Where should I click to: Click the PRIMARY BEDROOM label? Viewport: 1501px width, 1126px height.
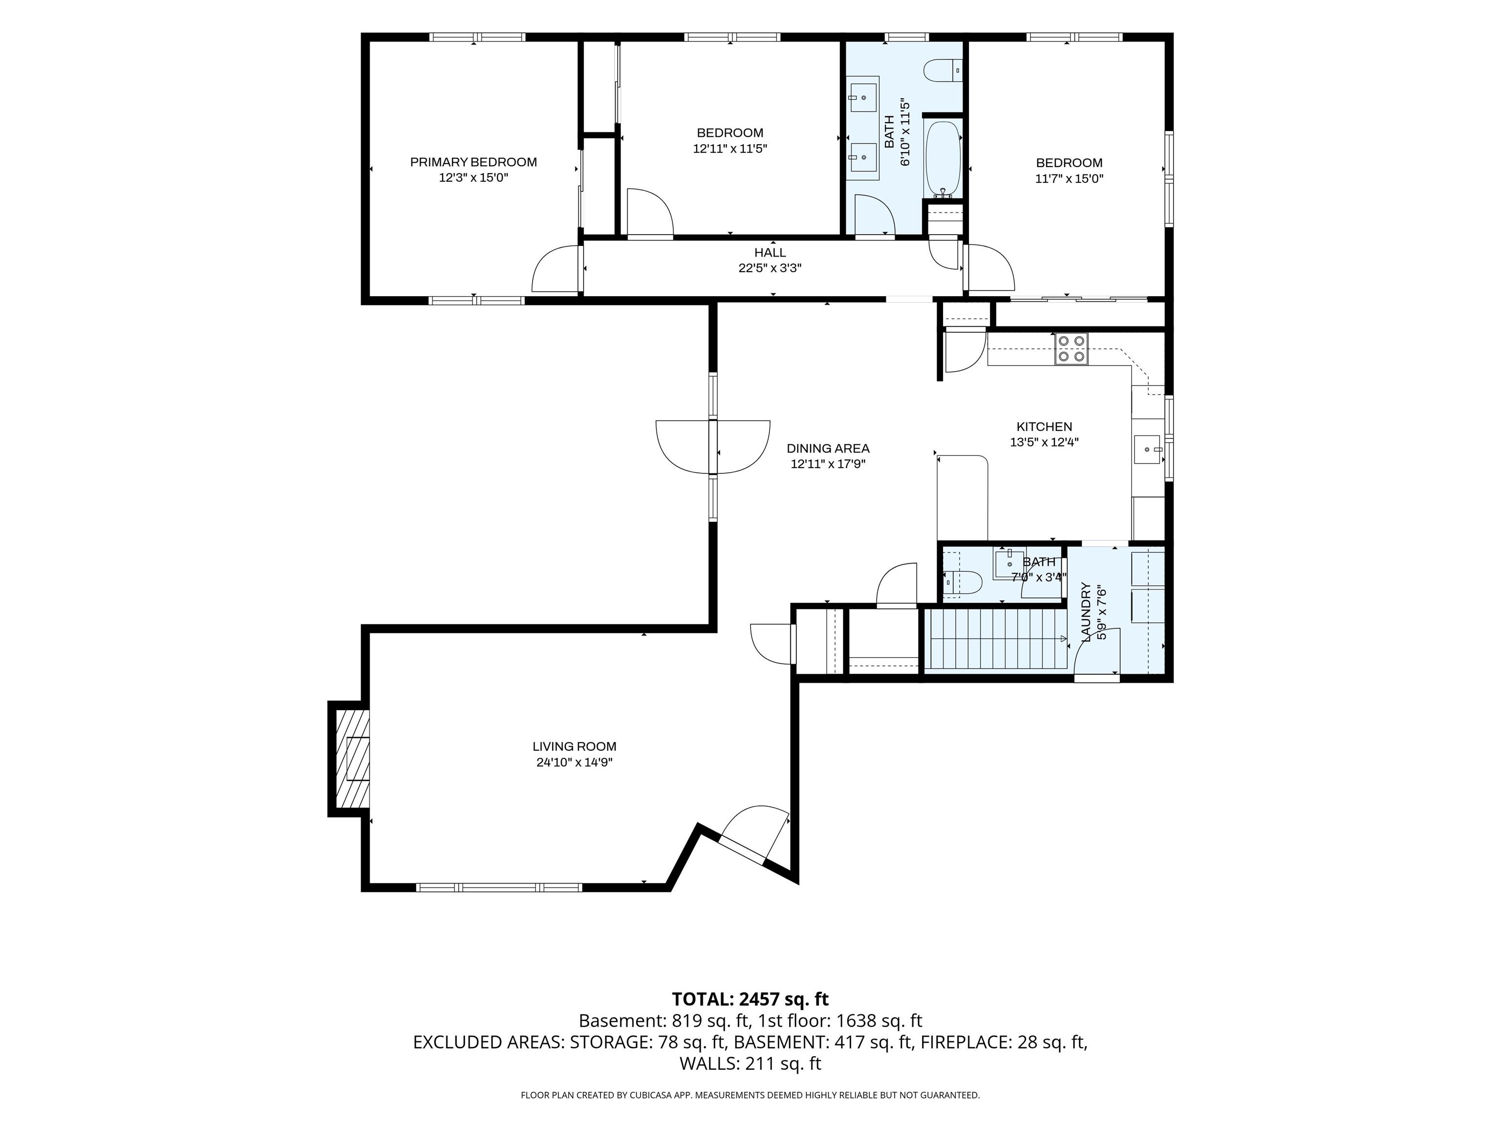coord(473,162)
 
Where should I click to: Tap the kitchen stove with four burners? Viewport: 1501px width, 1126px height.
coord(1072,349)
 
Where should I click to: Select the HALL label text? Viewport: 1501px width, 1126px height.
coord(770,253)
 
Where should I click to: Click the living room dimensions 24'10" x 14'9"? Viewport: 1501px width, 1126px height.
coord(574,762)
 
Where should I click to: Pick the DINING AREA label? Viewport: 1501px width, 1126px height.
coord(828,449)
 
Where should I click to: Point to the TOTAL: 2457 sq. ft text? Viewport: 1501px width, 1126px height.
coord(750,999)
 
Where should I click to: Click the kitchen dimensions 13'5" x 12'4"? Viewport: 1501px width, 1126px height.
coord(1044,442)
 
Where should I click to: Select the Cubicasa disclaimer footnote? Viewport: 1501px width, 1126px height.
coord(750,1095)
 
